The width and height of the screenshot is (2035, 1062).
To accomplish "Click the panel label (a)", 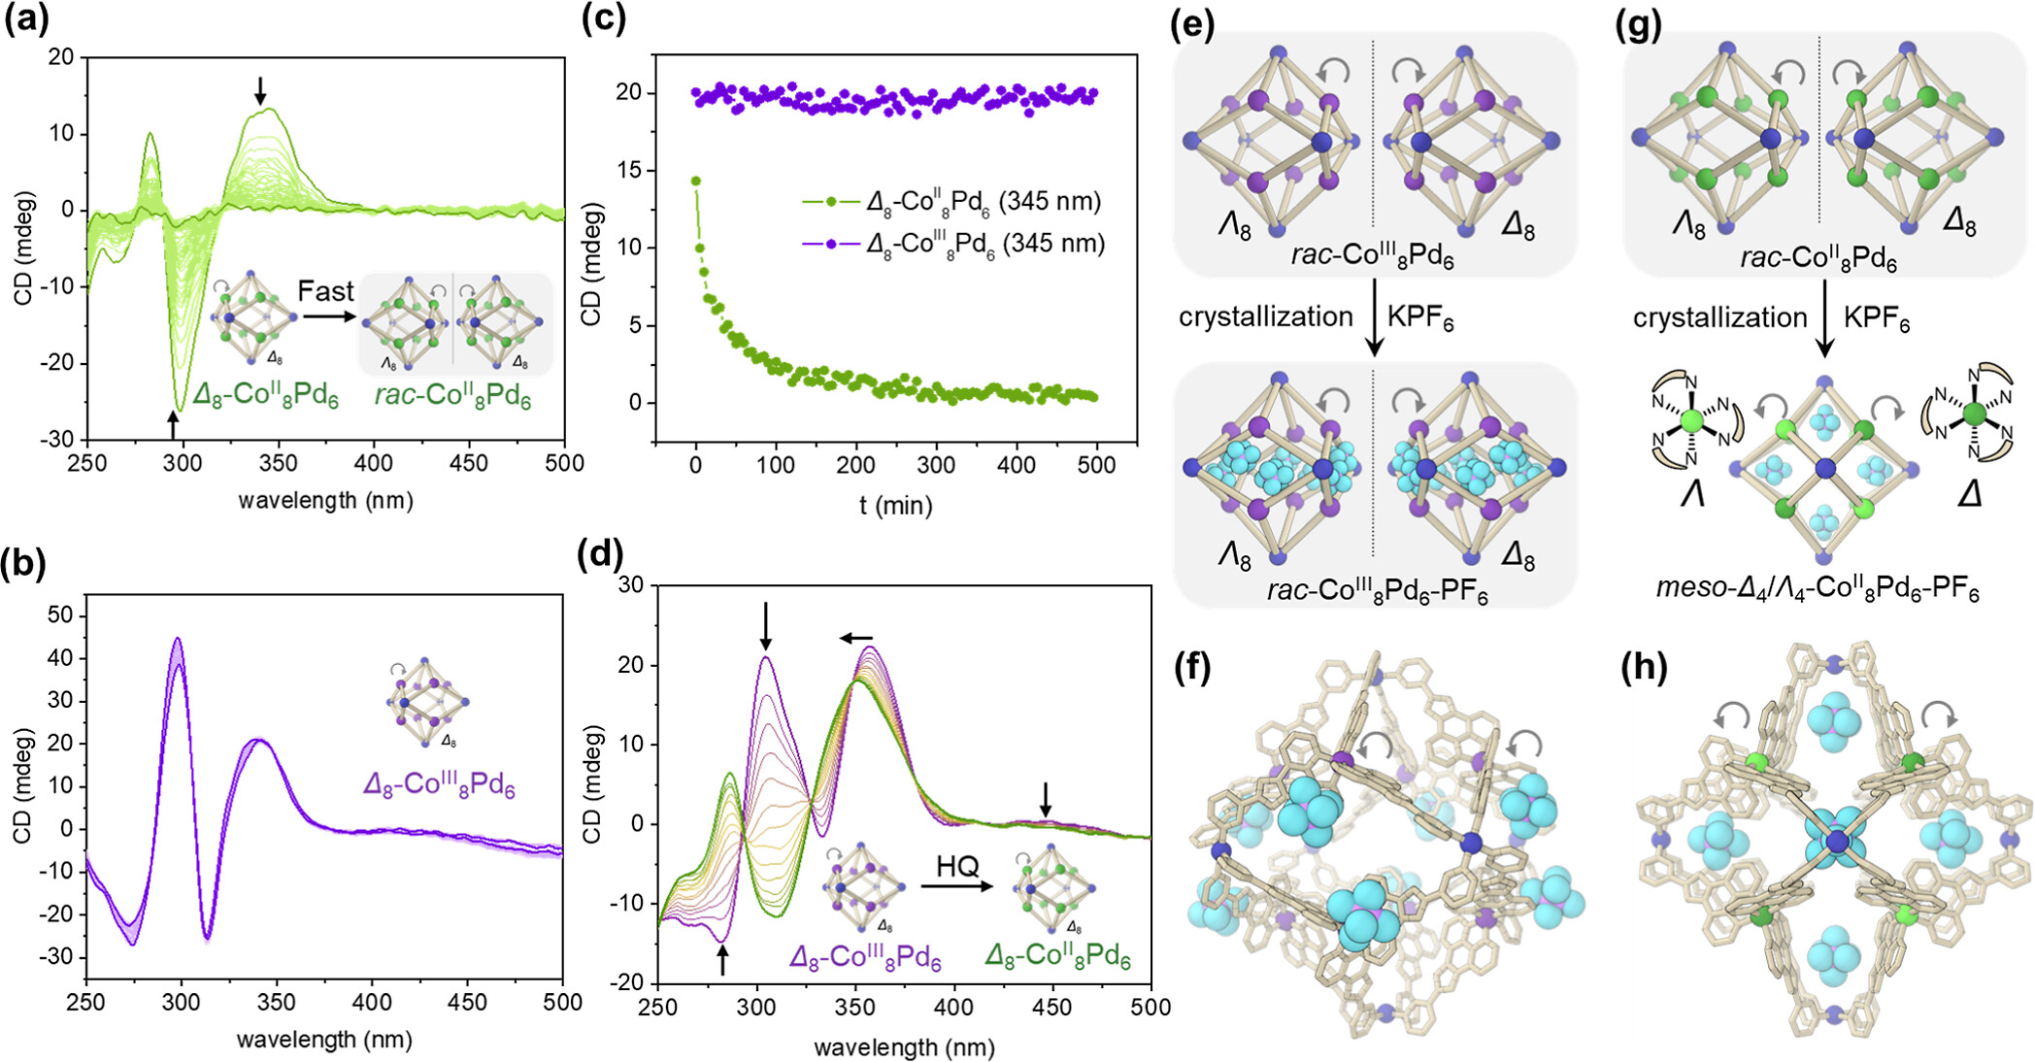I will (x=26, y=20).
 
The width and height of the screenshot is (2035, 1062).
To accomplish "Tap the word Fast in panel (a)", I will (x=325, y=291).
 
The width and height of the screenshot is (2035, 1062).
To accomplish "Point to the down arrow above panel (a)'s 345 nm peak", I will (x=259, y=90).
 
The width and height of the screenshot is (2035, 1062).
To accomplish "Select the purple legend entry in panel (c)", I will (x=953, y=244).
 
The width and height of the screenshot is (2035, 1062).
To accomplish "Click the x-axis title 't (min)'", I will (x=895, y=506).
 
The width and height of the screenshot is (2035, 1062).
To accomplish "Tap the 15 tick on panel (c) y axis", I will (x=628, y=170).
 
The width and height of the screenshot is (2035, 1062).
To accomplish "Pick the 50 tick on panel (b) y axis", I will (x=60, y=614).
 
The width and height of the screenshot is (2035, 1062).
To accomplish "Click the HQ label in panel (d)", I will (x=957, y=866).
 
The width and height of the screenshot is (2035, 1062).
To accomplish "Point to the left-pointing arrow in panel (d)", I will (x=856, y=638).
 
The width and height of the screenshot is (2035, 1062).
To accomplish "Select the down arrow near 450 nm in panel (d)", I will (x=1046, y=799).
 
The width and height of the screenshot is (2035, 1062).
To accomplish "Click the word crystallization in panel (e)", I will (x=1265, y=317).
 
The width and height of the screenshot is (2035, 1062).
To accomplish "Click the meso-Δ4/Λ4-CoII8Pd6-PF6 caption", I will (x=1818, y=588).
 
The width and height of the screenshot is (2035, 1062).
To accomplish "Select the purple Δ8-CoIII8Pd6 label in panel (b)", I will (x=439, y=784).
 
